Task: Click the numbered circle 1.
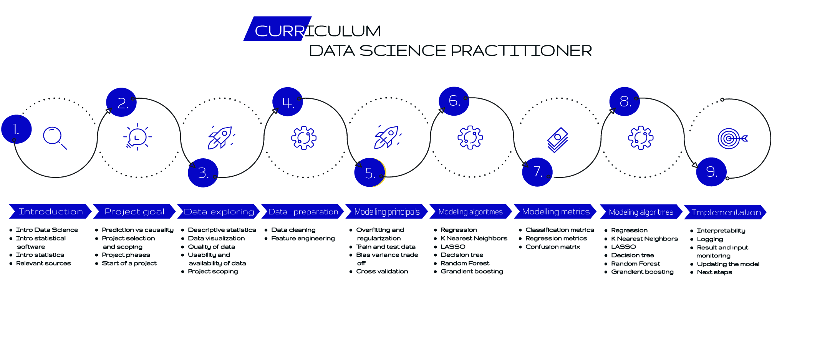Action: coord(17,129)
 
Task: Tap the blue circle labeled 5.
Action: coord(370,173)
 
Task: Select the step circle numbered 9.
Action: coord(711,172)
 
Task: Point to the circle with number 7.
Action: coord(537,172)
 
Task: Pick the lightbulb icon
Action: coord(138,137)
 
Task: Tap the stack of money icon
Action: coord(558,140)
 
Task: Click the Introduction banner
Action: coord(50,211)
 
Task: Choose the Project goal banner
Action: coord(134,211)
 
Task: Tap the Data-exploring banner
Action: coord(219,211)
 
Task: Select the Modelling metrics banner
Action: coord(555,211)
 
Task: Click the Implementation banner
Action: coord(725,212)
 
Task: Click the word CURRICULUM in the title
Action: coord(318,31)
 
